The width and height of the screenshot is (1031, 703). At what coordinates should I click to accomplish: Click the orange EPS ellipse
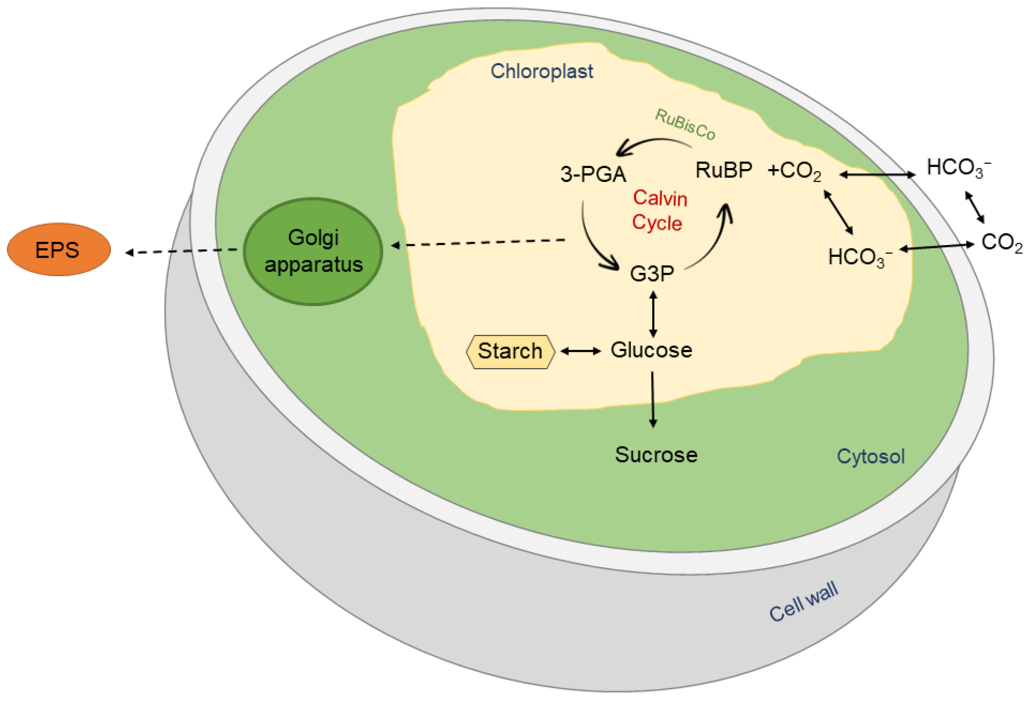tap(59, 250)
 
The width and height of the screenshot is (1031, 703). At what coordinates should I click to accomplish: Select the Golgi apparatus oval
tap(313, 251)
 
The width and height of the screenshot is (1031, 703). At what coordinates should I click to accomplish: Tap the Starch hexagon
tap(510, 351)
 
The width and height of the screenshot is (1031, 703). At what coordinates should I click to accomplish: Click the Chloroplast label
tap(541, 71)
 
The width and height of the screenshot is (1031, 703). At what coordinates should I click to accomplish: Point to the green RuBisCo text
tap(685, 125)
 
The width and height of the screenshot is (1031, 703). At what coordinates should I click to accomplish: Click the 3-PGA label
tap(593, 174)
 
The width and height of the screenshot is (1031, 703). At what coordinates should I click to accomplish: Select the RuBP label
tap(724, 170)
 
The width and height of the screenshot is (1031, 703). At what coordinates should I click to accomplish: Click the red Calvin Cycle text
tap(659, 210)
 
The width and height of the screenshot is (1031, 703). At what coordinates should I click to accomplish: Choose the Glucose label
tap(651, 351)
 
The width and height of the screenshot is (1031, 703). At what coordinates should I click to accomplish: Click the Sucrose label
tap(656, 455)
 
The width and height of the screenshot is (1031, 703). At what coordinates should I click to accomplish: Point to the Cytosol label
tap(870, 457)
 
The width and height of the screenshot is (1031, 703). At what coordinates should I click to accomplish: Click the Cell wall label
tap(804, 602)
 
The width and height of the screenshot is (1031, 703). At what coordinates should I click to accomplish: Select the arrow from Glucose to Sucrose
tap(652, 400)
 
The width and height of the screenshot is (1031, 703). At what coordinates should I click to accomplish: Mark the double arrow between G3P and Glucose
tap(653, 314)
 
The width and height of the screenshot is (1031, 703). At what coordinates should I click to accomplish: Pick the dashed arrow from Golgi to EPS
tap(182, 251)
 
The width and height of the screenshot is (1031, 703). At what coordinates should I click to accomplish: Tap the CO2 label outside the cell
tap(1002, 243)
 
